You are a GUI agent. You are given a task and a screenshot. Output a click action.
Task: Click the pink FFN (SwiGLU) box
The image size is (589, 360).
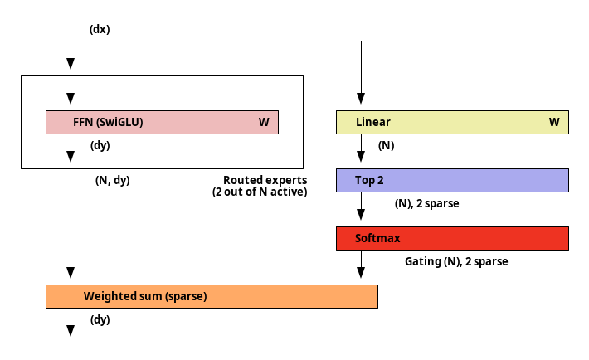(162, 122)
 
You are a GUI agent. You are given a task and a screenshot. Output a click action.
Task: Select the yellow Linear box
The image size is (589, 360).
(452, 122)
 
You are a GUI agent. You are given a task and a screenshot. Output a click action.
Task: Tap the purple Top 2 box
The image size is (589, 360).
(452, 180)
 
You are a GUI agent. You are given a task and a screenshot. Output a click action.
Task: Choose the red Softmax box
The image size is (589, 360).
(452, 238)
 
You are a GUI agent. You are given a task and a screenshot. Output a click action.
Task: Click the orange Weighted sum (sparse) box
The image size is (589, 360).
(212, 296)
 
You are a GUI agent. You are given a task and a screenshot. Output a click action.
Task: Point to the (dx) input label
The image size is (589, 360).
(100, 29)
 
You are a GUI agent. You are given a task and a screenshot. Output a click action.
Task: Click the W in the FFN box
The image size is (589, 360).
(264, 122)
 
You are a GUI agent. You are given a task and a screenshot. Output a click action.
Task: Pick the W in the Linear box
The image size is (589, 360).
(554, 122)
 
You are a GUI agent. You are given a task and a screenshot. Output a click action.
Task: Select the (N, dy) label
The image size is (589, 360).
(112, 180)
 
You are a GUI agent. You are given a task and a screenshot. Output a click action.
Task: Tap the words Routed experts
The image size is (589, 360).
(265, 180)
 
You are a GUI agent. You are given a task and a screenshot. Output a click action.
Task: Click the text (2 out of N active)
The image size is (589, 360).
(260, 192)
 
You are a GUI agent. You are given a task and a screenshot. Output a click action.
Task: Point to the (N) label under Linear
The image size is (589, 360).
(386, 145)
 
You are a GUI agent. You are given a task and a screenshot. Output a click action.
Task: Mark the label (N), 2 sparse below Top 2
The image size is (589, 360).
(426, 204)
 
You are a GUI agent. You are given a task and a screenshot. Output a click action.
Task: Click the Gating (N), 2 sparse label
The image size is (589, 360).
(456, 261)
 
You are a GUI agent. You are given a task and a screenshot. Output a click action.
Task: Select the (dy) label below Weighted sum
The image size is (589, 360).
(100, 320)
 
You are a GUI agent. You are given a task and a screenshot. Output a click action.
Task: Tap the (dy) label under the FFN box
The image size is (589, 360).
(100, 145)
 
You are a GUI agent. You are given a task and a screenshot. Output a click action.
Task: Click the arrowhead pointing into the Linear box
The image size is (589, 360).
(361, 99)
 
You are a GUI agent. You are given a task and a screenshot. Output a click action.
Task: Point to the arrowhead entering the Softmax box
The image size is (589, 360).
(361, 215)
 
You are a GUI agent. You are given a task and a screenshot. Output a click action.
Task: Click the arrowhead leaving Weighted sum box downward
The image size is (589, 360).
(71, 331)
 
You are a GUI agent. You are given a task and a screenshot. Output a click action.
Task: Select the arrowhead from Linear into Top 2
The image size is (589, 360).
(361, 157)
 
